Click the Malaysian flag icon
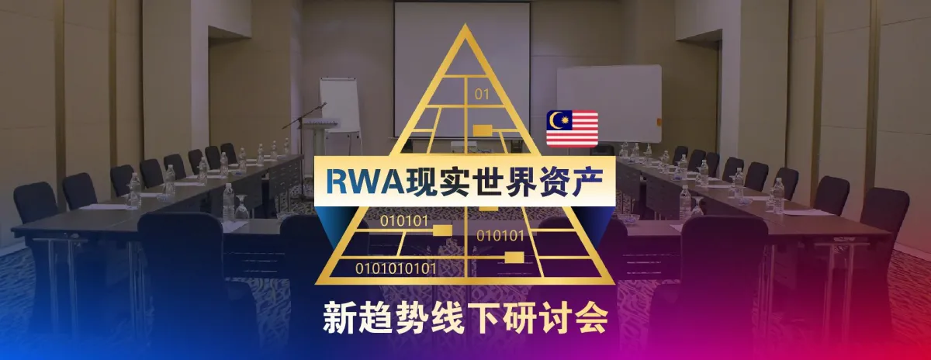[x=572, y=128]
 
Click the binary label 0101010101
[x=396, y=268]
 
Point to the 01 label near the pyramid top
[x=482, y=95]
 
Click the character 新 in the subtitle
[x=338, y=321]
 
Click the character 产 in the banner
[x=585, y=181]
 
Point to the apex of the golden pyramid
[x=465, y=28]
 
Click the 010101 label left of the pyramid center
[x=404, y=221]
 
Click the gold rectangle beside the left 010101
[x=442, y=229]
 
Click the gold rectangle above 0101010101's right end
[x=514, y=256]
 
